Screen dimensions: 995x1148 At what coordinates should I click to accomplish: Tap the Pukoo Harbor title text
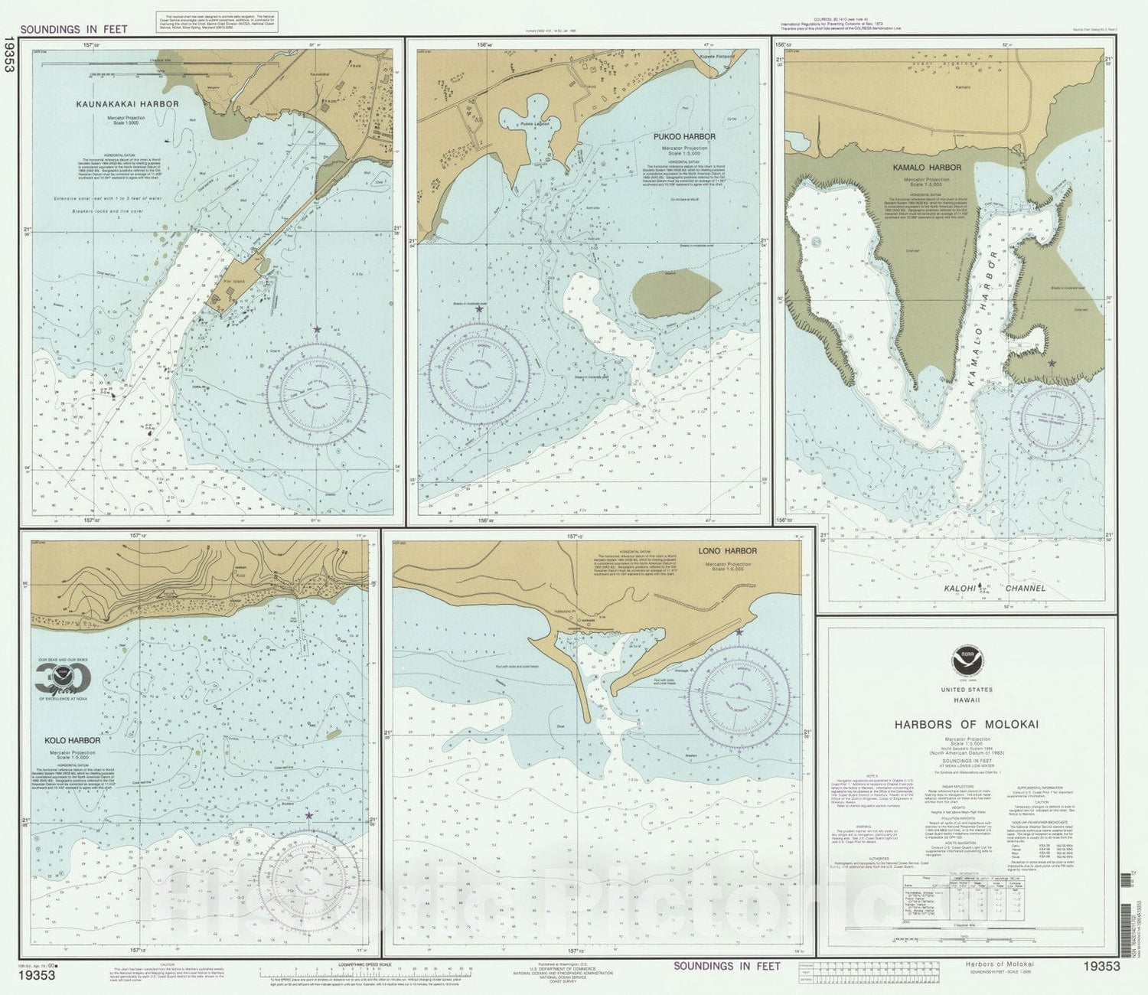click(x=684, y=137)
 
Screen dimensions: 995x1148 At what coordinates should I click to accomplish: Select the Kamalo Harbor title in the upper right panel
click(x=927, y=168)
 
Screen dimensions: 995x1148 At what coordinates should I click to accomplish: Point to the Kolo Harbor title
click(x=72, y=741)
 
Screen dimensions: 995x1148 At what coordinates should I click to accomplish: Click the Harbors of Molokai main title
click(x=967, y=724)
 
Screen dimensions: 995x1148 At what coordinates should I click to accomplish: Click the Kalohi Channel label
click(x=994, y=589)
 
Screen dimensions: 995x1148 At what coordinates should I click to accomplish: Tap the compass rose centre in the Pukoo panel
click(x=479, y=374)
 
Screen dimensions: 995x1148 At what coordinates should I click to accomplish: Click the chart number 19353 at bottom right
click(x=1101, y=967)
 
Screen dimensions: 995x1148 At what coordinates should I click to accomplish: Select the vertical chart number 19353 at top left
click(x=9, y=54)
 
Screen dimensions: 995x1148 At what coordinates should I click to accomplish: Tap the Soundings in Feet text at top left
click(x=73, y=30)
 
